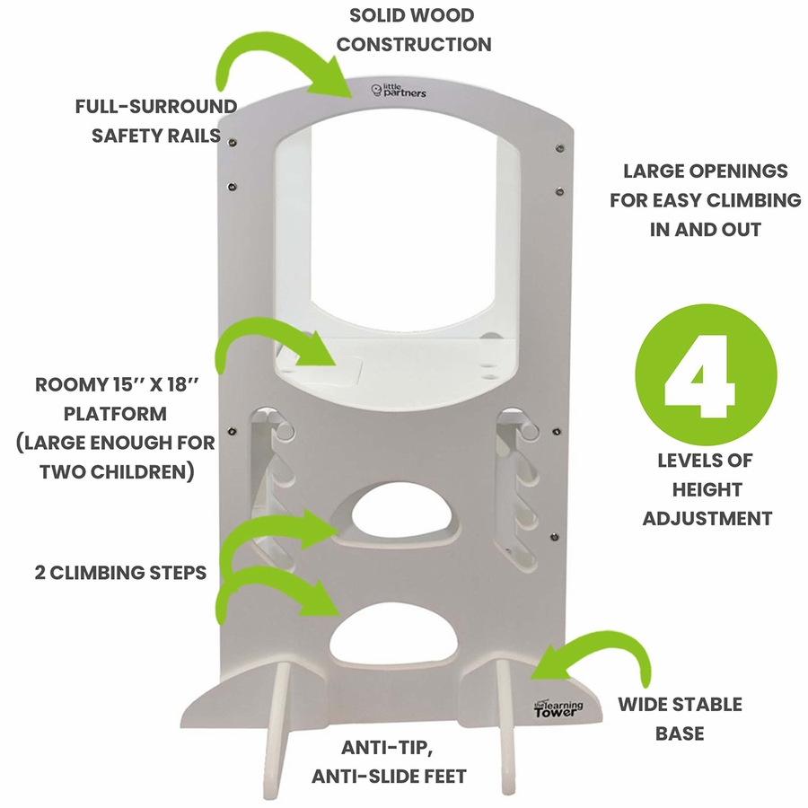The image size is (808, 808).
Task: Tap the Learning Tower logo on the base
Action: (x=558, y=708)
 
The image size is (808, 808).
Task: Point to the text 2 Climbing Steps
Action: (x=121, y=572)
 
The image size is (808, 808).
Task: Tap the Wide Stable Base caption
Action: (x=680, y=718)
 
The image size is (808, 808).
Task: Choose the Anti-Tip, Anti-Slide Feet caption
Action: (x=390, y=761)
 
